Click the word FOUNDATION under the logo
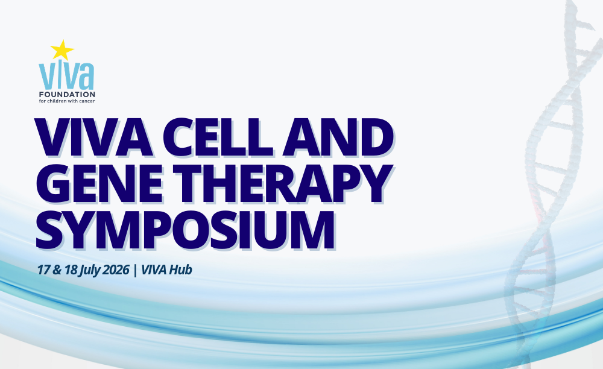click(x=67, y=95)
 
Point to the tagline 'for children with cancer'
click(x=67, y=101)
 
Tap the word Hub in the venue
click(x=180, y=270)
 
